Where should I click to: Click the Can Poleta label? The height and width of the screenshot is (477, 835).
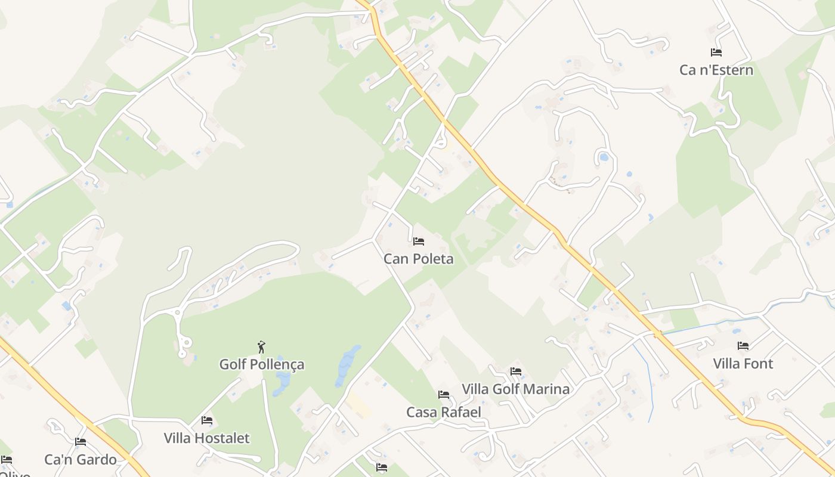(418, 259)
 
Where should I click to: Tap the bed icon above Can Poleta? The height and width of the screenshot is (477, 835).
(419, 241)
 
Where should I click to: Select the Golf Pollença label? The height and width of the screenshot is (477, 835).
(262, 364)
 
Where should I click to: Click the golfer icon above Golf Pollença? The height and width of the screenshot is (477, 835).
(261, 347)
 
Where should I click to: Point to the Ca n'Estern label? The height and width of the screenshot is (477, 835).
(716, 70)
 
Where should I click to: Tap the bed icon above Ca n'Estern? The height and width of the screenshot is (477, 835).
(716, 52)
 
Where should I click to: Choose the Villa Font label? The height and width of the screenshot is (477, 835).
(743, 364)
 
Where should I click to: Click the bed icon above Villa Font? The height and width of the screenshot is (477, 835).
(743, 346)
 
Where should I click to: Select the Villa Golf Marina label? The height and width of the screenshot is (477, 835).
(515, 389)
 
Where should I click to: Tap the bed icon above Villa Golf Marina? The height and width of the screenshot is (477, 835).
(516, 371)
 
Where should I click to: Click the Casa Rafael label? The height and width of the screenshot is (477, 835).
(444, 412)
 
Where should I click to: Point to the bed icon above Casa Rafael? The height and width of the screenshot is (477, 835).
(444, 395)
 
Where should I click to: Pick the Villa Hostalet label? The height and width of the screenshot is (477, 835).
(207, 438)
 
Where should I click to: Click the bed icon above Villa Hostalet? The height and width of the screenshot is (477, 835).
(207, 420)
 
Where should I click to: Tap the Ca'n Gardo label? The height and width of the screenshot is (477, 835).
(81, 460)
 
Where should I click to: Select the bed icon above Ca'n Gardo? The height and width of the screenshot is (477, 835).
(81, 442)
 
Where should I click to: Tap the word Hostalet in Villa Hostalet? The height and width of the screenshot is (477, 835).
(224, 438)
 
